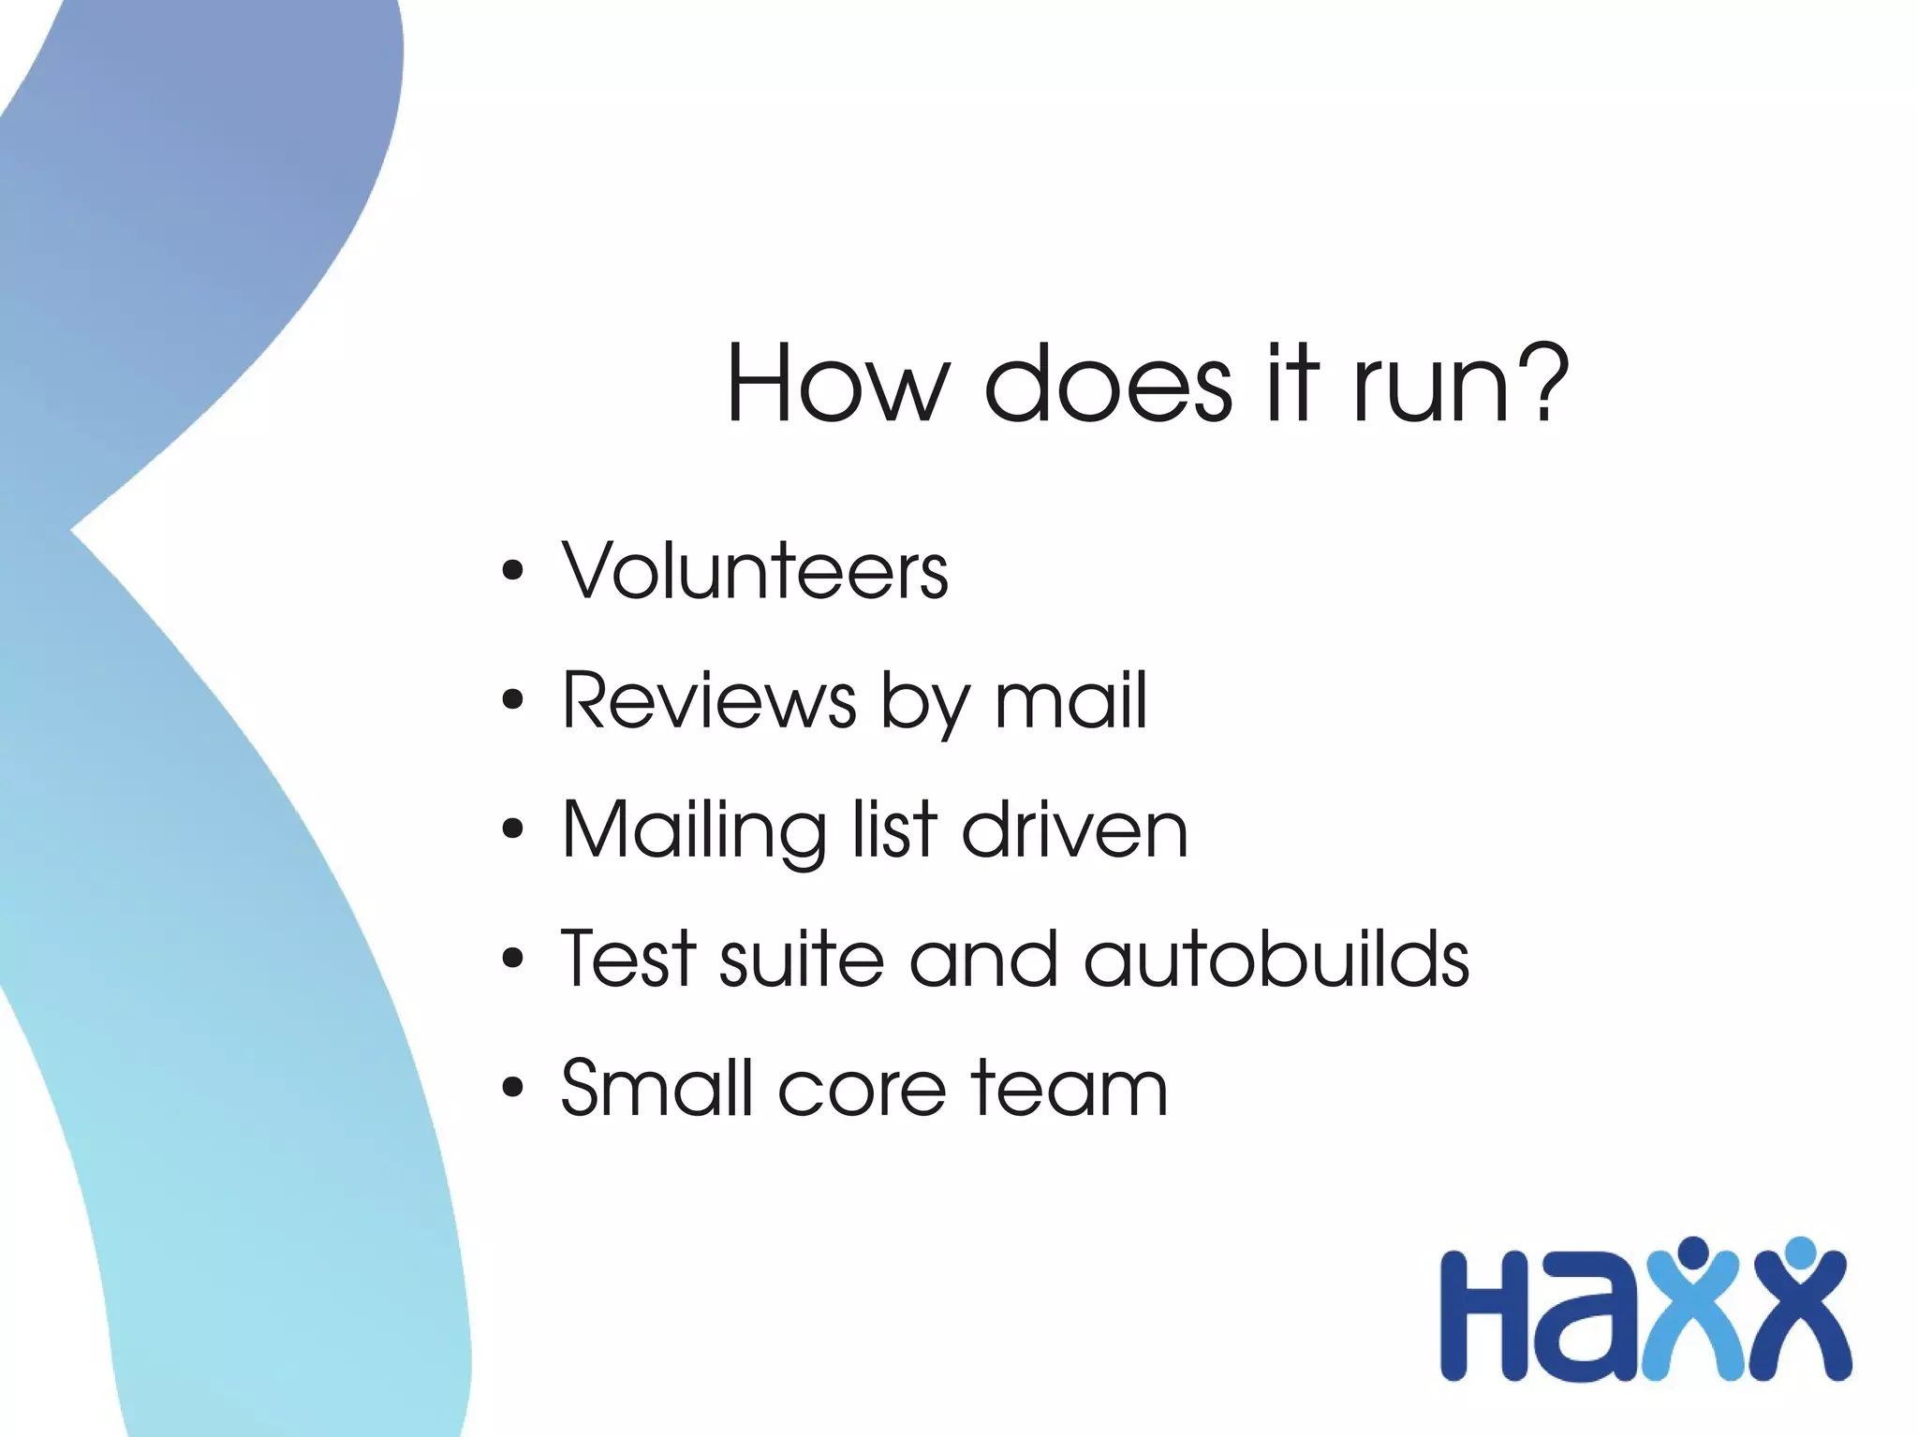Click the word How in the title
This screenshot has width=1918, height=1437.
pos(838,384)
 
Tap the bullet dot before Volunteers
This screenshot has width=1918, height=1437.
pos(512,570)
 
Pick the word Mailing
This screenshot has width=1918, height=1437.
pos(694,831)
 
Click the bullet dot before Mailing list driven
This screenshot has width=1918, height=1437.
pos(512,828)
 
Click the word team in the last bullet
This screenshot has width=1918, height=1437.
pos(1069,1089)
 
